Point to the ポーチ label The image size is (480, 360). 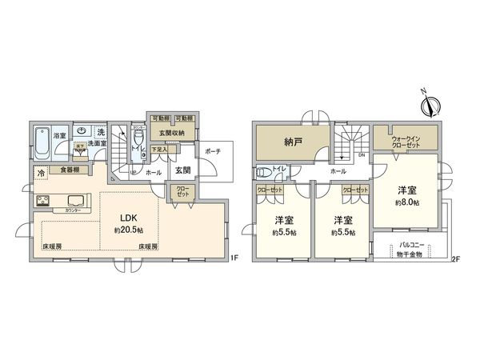point(212,151)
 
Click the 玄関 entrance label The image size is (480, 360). point(183,170)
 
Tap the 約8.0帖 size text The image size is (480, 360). point(409,203)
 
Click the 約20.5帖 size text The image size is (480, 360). point(130,230)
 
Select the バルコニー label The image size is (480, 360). point(413,246)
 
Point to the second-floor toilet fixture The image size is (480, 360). point(264,172)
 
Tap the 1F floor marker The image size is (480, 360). point(234,258)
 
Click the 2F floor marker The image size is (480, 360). point(456,258)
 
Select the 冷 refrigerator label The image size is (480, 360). point(40,173)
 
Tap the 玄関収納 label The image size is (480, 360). point(172,133)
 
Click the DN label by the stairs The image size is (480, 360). point(362,154)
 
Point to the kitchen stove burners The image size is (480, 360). point(43,201)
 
